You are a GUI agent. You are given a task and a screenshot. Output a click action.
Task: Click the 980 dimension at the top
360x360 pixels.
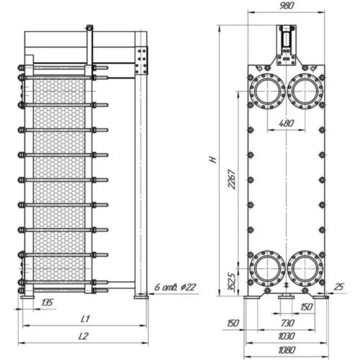(287, 6)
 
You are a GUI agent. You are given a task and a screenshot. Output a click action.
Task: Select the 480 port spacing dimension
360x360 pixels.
(287, 123)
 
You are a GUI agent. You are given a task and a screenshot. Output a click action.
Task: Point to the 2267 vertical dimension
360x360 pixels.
(232, 179)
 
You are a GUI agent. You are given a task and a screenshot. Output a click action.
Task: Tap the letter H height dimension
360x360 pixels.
(213, 159)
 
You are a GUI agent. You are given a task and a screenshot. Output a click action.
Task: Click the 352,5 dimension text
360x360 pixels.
(232, 282)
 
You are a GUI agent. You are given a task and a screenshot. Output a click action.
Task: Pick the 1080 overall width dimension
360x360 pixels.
(287, 350)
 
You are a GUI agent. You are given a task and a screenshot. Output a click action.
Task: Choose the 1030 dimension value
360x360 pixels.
(287, 336)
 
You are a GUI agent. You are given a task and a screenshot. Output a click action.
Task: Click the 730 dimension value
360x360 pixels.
(287, 323)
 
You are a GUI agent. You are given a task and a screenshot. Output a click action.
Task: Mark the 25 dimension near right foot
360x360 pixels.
(338, 287)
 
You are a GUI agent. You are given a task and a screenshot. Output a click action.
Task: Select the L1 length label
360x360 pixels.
(85, 319)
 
